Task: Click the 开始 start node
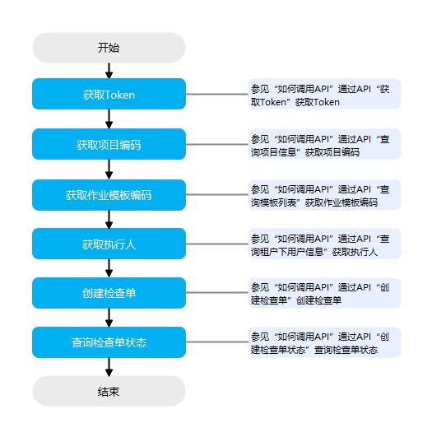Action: tap(109, 48)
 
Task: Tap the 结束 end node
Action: tap(109, 391)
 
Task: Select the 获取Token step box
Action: tap(109, 94)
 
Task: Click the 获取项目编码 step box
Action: tap(109, 144)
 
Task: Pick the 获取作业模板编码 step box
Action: tap(109, 195)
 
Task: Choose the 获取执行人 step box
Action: tap(109, 244)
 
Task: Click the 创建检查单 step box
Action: tap(109, 293)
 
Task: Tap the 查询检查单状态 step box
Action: tap(109, 342)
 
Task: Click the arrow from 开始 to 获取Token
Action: tap(109, 71)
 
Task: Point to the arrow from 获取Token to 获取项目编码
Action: tap(109, 119)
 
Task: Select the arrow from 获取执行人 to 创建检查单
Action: tap(109, 268)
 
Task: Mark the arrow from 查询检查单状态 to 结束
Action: tap(109, 367)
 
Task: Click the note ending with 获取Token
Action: tap(325, 94)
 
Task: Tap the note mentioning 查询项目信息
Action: tap(325, 144)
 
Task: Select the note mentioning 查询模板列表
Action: tap(325, 195)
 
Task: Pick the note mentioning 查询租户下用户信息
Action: tap(325, 244)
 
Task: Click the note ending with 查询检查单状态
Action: tap(325, 342)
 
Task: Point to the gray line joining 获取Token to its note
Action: tap(217, 94)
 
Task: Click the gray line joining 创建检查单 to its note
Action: tap(217, 293)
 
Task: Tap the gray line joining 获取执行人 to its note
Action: tap(217, 244)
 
